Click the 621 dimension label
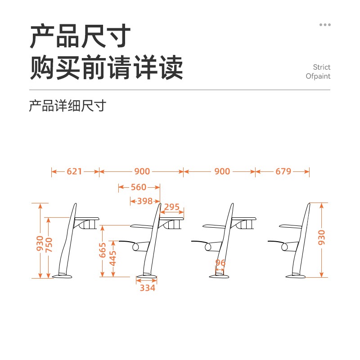coord(74,171)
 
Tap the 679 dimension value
coord(283,171)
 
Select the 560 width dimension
coord(139,187)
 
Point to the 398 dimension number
coord(145,201)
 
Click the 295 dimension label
coord(171,207)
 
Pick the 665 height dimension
coord(103,250)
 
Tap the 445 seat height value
coord(113,258)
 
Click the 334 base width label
coord(148,288)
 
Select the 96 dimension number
coord(220,263)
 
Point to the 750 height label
coord(49,245)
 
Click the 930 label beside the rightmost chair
coord(322,238)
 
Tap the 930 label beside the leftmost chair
coord(40,243)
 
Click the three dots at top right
coord(325,25)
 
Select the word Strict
coord(321,67)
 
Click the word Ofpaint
coord(318,76)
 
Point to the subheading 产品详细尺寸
coord(67,106)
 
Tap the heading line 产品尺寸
coord(80,36)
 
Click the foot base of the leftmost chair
coord(62,276)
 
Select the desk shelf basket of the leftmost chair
coord(87,224)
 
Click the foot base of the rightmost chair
coord(296,276)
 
